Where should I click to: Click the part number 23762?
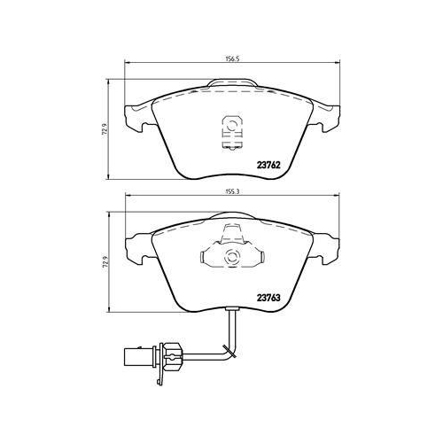[x=268, y=166]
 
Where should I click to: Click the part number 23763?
[x=268, y=298]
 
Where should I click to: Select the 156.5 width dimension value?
[x=232, y=58]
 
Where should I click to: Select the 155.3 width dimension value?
[x=233, y=191]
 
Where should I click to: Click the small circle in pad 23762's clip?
[x=231, y=126]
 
